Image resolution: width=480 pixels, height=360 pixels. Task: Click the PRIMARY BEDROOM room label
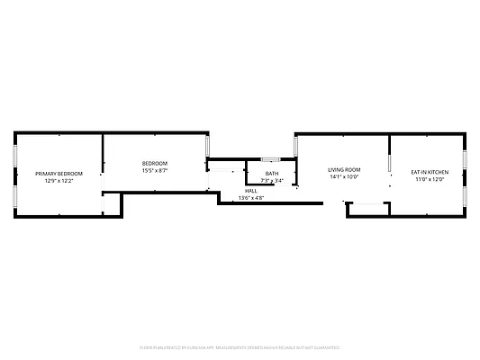click(59, 173)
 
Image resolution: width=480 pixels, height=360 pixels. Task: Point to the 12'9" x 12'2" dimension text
click(59, 181)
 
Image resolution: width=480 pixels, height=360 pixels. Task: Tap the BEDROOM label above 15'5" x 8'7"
click(154, 164)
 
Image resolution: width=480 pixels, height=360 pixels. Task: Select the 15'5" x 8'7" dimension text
click(154, 171)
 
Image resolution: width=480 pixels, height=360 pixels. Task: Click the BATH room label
click(271, 174)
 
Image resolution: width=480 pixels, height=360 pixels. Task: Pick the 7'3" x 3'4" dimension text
click(271, 181)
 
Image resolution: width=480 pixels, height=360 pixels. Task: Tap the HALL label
click(251, 191)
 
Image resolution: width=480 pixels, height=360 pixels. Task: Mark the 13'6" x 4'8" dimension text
click(251, 198)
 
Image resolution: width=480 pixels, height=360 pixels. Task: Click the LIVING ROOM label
click(343, 170)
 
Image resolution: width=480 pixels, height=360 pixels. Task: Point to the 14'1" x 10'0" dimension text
click(343, 177)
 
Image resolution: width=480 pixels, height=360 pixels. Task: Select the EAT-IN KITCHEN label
click(430, 171)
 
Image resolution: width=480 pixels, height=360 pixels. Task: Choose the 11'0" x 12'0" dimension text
click(430, 179)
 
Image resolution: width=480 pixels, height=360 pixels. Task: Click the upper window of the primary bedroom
click(14, 155)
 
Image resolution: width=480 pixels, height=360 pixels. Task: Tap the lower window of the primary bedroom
click(14, 197)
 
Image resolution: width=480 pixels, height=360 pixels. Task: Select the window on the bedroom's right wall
click(208, 145)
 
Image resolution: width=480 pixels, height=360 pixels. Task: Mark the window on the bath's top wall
click(270, 159)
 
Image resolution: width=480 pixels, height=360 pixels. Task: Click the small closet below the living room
click(367, 209)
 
